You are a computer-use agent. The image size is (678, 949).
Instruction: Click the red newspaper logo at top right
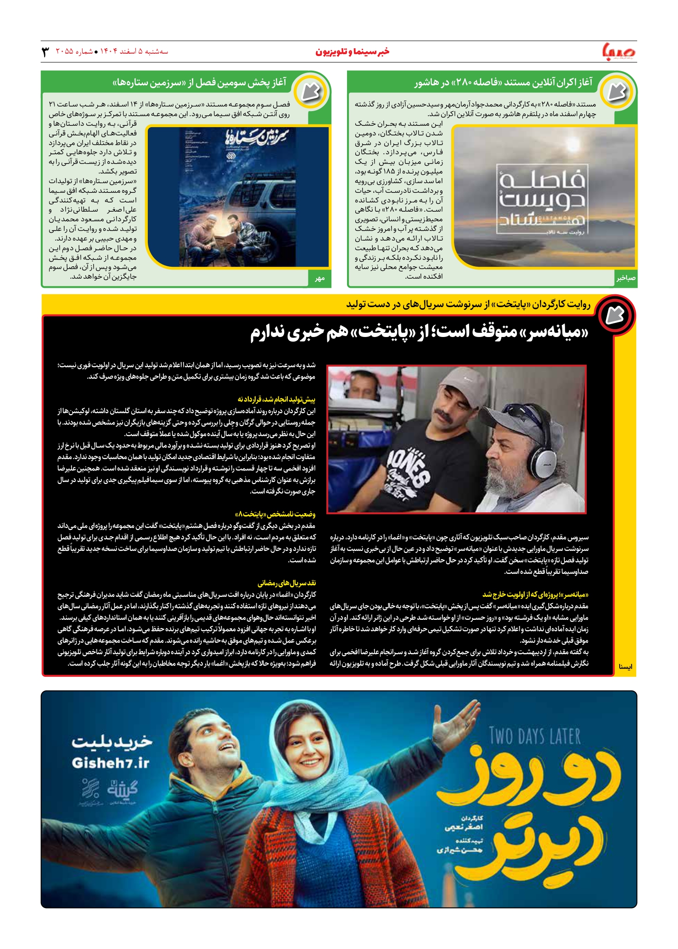pyautogui.click(x=619, y=51)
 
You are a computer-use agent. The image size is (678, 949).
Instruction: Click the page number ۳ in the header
pyautogui.click(x=45, y=52)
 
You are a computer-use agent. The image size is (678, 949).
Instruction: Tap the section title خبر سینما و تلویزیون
pyautogui.click(x=352, y=51)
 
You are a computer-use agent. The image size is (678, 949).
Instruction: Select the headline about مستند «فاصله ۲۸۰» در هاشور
pyautogui.click(x=503, y=83)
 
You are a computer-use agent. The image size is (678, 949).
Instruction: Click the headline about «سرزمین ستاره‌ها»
pyautogui.click(x=199, y=83)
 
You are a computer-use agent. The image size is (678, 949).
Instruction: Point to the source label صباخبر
pyautogui.click(x=626, y=278)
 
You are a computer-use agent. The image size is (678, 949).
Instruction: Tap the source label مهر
pyautogui.click(x=319, y=278)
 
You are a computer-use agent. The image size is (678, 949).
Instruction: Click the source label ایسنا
pyautogui.click(x=625, y=666)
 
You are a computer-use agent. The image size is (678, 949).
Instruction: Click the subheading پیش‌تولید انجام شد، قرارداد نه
pyautogui.click(x=276, y=399)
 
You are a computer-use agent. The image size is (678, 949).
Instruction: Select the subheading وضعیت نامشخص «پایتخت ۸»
pyautogui.click(x=275, y=514)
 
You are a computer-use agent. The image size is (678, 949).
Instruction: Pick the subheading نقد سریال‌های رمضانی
pyautogui.click(x=286, y=583)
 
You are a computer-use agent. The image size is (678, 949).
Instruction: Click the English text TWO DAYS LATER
pyautogui.click(x=535, y=736)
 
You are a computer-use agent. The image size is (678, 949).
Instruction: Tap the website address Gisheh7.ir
pyautogui.click(x=111, y=763)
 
